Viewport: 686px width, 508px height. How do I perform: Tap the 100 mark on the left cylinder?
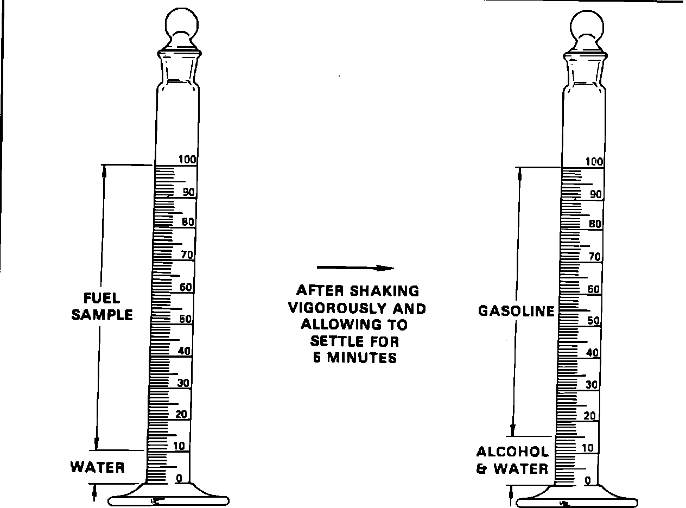pos(189,160)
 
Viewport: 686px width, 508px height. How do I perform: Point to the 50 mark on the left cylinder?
pos(186,319)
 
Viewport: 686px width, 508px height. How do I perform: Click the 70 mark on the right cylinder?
pos(595,257)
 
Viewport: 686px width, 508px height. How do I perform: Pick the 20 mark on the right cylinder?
pos(590,416)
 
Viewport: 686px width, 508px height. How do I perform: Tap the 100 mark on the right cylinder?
pos(595,162)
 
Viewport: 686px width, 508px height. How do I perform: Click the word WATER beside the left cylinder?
pos(98,467)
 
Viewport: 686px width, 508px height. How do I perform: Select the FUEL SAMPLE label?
pos(102,306)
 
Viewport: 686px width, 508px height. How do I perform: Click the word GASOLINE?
pos(516,311)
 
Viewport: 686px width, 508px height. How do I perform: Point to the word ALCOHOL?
pos(513,452)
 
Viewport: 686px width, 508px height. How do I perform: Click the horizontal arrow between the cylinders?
pos(355,268)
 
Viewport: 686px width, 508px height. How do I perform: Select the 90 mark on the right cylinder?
pos(596,194)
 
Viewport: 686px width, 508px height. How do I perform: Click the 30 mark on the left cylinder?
pos(183,383)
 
